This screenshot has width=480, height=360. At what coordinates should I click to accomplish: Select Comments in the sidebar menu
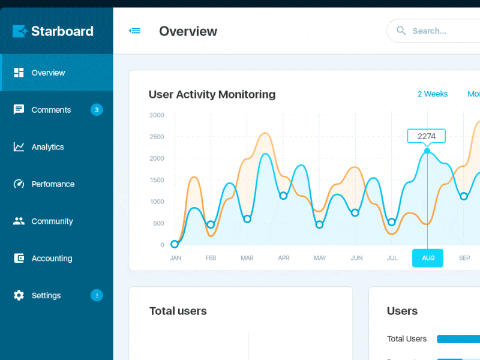click(x=51, y=110)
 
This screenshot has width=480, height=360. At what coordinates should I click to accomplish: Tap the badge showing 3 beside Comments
click(x=97, y=110)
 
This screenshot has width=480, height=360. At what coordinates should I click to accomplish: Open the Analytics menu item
click(x=47, y=147)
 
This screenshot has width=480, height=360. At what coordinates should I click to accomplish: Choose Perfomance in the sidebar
click(x=53, y=184)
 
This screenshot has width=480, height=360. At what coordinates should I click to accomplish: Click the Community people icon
click(x=19, y=221)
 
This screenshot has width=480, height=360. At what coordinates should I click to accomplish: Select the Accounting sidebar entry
click(x=52, y=259)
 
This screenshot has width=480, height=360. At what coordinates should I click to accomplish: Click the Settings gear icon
click(x=19, y=295)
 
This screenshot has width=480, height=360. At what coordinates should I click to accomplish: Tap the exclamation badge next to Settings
click(x=97, y=295)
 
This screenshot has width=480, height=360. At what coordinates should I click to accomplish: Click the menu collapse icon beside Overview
click(x=135, y=31)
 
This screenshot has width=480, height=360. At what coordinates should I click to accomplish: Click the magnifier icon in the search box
click(x=401, y=31)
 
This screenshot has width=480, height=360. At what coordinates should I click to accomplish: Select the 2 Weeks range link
click(x=433, y=94)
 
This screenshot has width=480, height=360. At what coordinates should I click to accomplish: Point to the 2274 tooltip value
click(x=427, y=136)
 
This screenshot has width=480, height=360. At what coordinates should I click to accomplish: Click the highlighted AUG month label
click(x=428, y=258)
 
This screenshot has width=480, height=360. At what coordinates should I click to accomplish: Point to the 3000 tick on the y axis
click(x=157, y=115)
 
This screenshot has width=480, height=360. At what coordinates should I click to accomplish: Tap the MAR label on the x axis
click(x=247, y=258)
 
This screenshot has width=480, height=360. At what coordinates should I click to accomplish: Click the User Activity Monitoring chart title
click(x=212, y=94)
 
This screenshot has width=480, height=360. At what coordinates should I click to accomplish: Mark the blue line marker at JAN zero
click(x=175, y=244)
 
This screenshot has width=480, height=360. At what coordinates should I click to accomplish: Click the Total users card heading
click(x=178, y=311)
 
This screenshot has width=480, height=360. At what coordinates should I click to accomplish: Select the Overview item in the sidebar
click(x=48, y=73)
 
